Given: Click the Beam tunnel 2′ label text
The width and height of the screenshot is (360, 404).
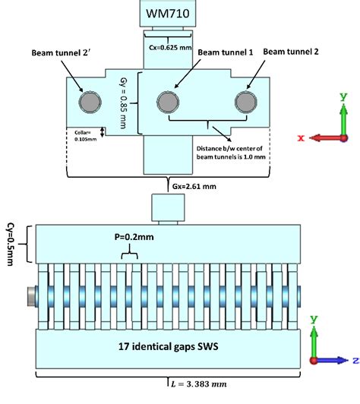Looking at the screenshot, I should click(58, 54).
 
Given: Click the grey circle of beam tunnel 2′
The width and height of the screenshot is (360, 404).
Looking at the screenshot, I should click(90, 101).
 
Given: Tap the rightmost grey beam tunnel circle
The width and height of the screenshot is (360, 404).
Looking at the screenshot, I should click(245, 101).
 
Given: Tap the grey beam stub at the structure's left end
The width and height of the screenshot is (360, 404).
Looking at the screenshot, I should click(30, 295).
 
